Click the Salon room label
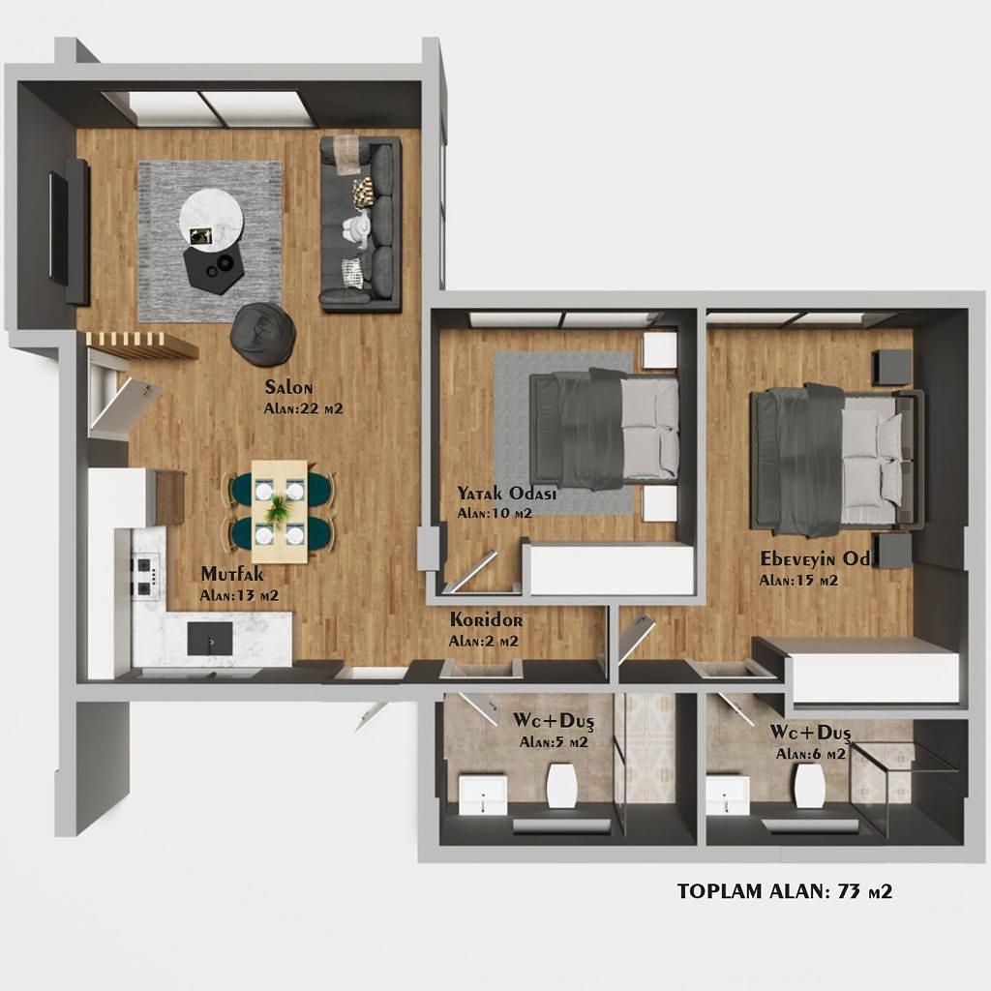(x=288, y=387)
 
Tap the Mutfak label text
(x=232, y=574)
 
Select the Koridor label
(x=486, y=619)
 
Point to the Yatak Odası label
(x=506, y=493)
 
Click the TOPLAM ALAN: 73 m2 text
(x=784, y=891)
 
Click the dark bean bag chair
(x=263, y=333)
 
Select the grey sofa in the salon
(x=360, y=224)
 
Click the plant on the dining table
(x=278, y=509)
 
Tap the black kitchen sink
(x=210, y=639)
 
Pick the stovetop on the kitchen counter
(x=145, y=576)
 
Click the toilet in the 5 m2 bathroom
(x=561, y=785)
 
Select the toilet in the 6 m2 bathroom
(x=809, y=785)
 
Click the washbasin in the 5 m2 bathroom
(x=483, y=796)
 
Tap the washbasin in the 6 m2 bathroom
(x=728, y=796)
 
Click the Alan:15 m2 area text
(x=798, y=581)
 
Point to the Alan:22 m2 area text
(x=303, y=408)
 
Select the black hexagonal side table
(x=214, y=266)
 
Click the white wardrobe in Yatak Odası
(x=610, y=569)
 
